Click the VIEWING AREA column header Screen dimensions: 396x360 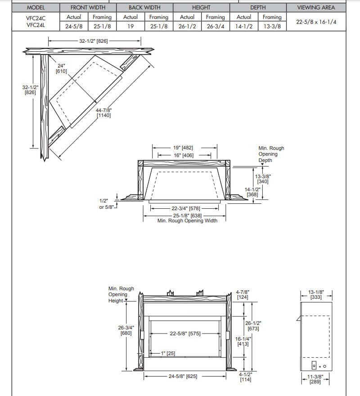coord(316,8)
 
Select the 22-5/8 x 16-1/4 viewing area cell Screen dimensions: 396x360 coord(316,22)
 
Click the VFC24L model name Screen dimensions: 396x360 coord(36,26)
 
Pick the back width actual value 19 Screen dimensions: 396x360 coord(130,26)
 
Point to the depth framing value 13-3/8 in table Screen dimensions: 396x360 coord(272,26)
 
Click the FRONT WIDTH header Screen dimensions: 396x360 coord(88,8)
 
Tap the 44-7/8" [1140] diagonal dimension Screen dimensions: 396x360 coord(103,112)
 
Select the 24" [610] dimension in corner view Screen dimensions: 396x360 coord(61,68)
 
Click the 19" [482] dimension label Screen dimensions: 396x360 coord(183,148)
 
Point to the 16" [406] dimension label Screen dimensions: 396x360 coord(183,155)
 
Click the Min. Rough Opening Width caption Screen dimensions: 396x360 coord(187,220)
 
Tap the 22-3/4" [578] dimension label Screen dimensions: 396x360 coord(186,209)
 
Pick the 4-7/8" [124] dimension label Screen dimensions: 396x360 coord(243,294)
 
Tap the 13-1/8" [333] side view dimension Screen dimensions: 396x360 coord(316,294)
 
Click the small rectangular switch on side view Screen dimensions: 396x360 coord(315,366)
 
